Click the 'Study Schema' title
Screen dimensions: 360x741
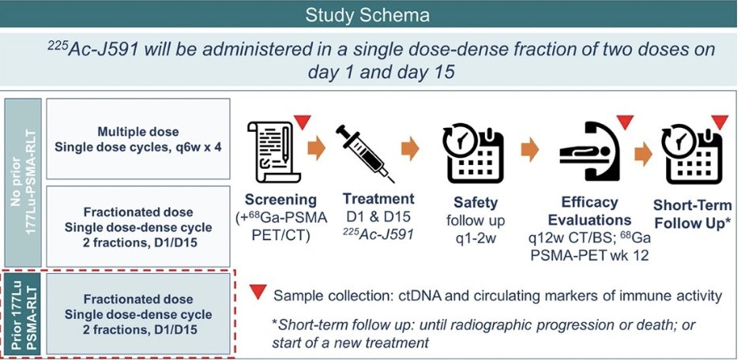370,14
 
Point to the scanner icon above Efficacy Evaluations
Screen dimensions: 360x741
589,150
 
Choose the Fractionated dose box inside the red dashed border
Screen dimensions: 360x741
138,313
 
